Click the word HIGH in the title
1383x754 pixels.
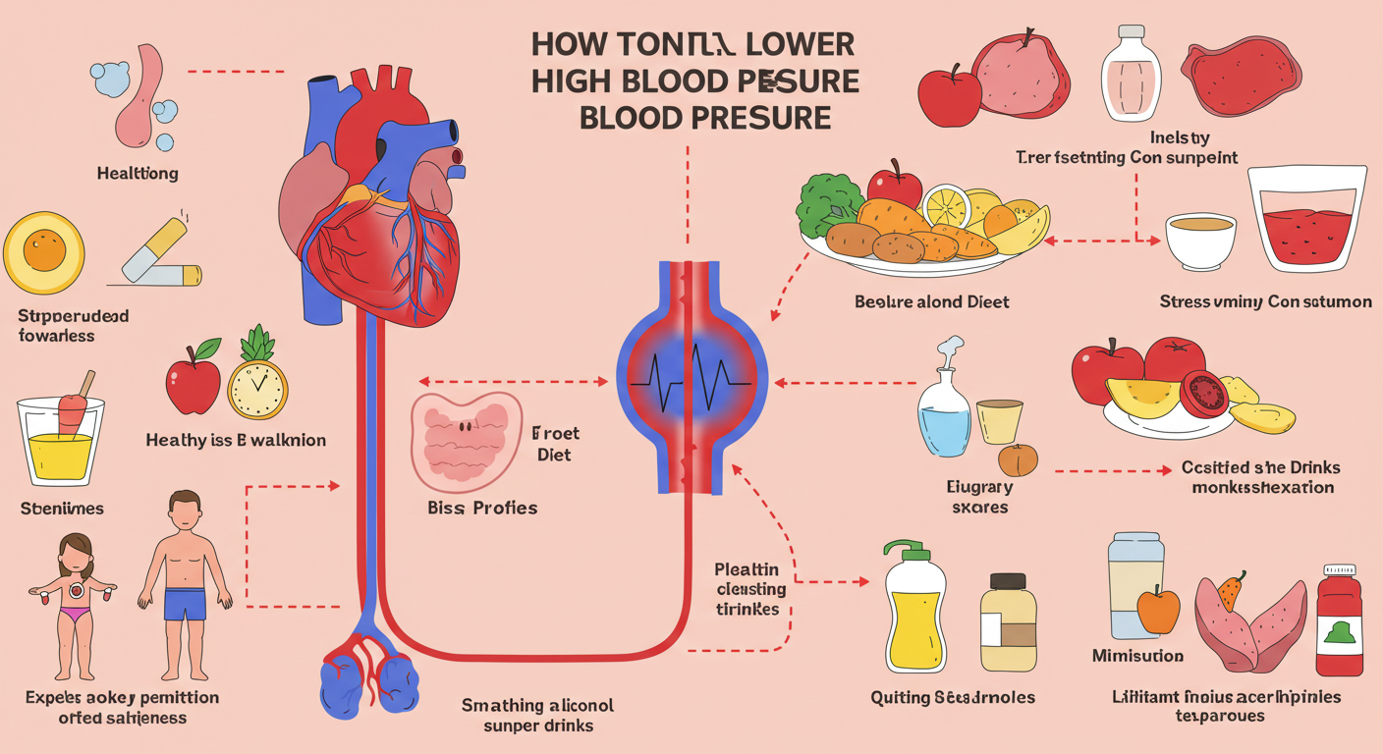click(x=575, y=81)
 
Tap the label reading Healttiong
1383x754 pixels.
click(x=138, y=174)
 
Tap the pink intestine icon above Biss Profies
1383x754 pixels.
click(x=467, y=440)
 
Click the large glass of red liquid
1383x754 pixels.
click(x=1306, y=221)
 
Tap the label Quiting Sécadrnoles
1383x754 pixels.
click(x=953, y=697)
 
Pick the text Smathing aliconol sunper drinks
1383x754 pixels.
click(x=538, y=715)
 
